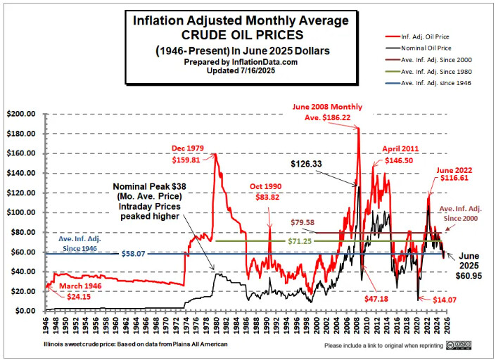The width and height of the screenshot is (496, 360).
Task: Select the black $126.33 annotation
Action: [311, 164]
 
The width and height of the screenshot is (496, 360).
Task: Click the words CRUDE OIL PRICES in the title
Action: [241, 34]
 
